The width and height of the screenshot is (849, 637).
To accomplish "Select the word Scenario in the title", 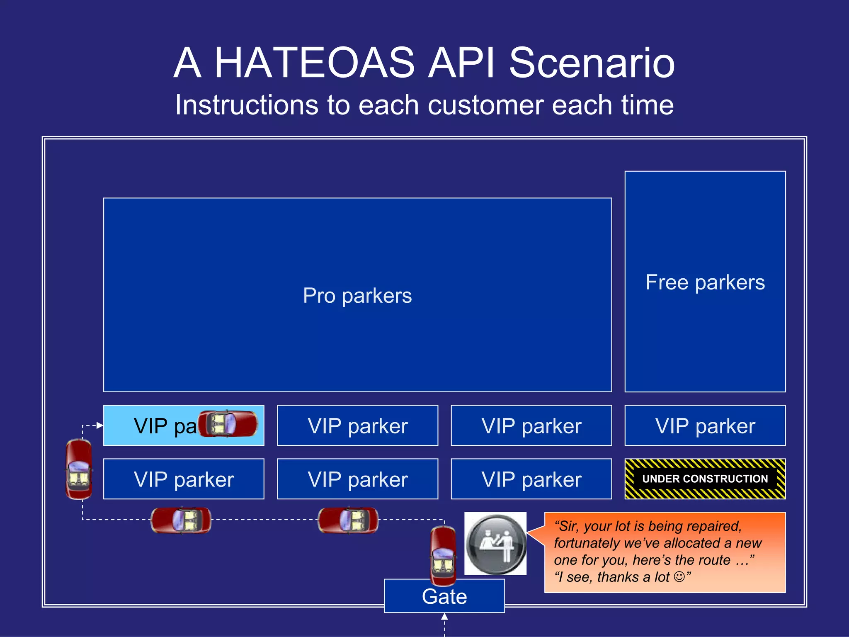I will (x=592, y=63).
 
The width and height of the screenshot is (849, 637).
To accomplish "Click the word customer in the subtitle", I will (x=485, y=105).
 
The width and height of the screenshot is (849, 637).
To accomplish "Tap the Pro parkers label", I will (x=357, y=296).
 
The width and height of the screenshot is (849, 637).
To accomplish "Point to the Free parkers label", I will (x=705, y=282).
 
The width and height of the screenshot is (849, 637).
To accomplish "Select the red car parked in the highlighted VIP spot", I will (x=228, y=424).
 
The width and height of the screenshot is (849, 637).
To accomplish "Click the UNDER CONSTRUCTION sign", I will (x=705, y=479).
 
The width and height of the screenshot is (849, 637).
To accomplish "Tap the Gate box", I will (x=444, y=596).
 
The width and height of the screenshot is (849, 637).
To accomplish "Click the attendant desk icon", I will (x=495, y=543).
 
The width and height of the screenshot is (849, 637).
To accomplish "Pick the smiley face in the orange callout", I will (x=679, y=576).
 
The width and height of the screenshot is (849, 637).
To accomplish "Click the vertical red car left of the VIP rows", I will (x=79, y=469).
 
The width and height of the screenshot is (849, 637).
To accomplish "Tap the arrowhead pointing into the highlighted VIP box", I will (x=99, y=425).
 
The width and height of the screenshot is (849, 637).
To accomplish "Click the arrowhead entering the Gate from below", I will (x=444, y=617).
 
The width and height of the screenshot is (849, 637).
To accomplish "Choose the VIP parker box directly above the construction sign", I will (x=705, y=425).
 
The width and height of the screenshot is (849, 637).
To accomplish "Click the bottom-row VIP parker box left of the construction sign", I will (x=531, y=479).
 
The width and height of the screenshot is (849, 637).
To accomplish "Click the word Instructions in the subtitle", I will (x=246, y=105).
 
